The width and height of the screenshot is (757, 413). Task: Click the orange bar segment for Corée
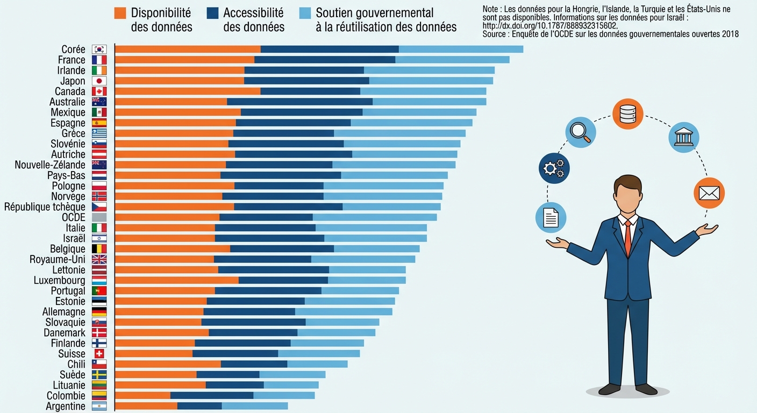pos(188,49)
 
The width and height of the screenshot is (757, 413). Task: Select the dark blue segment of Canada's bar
pos(310,91)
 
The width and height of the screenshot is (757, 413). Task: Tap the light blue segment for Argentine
pos(255,406)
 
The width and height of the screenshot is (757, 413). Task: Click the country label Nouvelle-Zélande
pos(50,165)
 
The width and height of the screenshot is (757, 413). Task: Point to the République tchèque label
pos(45,207)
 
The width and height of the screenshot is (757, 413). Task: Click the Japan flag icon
pos(99,81)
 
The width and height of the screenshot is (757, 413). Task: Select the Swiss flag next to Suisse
pos(99,354)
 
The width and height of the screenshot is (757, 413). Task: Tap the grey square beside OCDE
pos(99,217)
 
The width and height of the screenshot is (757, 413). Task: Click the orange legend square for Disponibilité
pos(120,13)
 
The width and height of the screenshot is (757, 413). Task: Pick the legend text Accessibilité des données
pos(253,19)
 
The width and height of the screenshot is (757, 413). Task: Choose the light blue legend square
pos(305,13)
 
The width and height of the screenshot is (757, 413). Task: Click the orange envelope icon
pos(709,193)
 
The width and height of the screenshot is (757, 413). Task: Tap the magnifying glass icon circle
pos(581,132)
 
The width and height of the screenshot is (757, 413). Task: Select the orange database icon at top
pos(627,114)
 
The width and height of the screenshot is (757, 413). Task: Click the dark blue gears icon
pos(554,168)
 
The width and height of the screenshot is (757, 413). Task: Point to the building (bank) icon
pos(684,137)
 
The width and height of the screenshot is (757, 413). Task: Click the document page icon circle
pos(551,217)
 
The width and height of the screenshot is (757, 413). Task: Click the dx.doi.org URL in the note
pos(550,26)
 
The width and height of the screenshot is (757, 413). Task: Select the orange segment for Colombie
pos(142,396)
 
